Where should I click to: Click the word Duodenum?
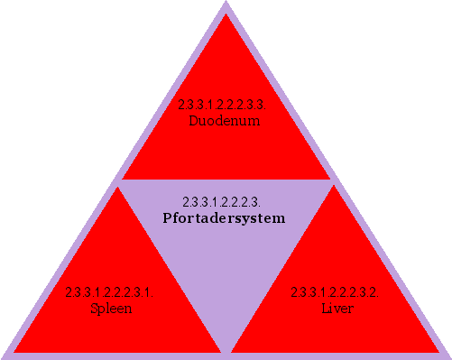pyautogui.click(x=225, y=120)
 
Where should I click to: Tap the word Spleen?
pyautogui.click(x=112, y=309)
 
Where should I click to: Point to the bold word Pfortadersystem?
pyautogui.click(x=224, y=218)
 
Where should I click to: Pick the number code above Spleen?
pyautogui.click(x=109, y=292)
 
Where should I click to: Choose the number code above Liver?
pyautogui.click(x=335, y=292)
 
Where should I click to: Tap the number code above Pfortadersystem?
pyautogui.click(x=221, y=201)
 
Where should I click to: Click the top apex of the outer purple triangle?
pyautogui.click(x=226, y=3)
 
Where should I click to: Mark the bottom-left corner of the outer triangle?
pyautogui.click(x=3, y=357)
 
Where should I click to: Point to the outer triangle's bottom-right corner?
pyautogui.click(x=448, y=357)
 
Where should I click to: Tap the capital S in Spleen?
pyautogui.click(x=95, y=309)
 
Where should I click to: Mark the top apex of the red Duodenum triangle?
pyautogui.click(x=226, y=13)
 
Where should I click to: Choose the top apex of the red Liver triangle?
pyautogui.click(x=336, y=187)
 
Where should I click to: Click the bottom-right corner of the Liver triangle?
pyautogui.click(x=438, y=351)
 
